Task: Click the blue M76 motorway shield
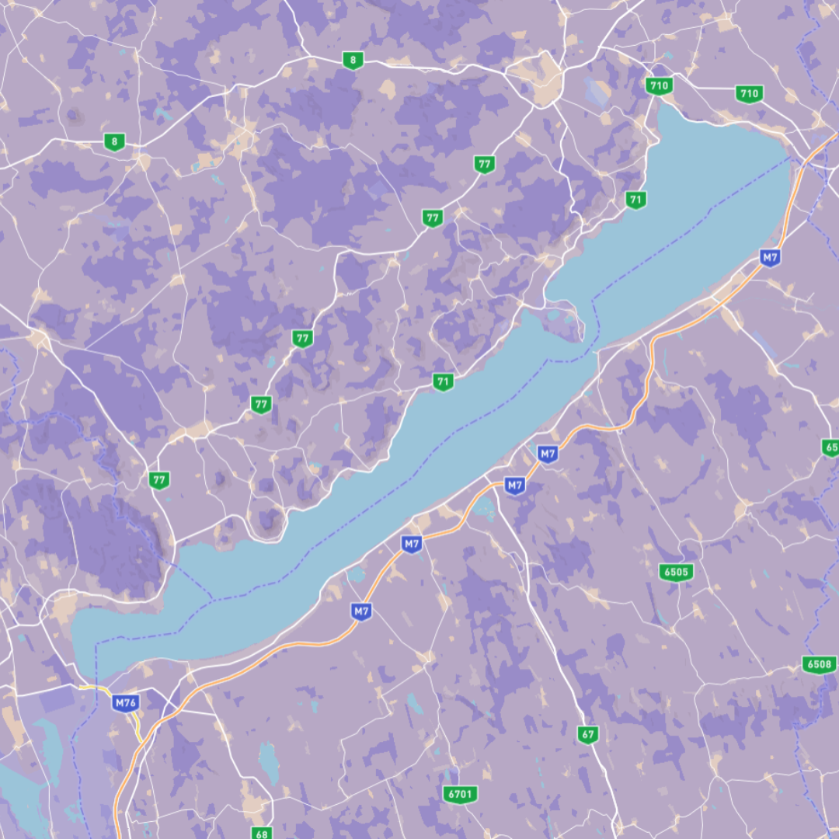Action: tap(125, 703)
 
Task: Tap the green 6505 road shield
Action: tap(677, 573)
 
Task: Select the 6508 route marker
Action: tap(819, 664)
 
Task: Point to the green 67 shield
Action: tap(588, 734)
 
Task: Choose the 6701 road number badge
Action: tap(461, 794)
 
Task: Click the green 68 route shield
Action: tap(262, 834)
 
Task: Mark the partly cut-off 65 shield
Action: tap(830, 447)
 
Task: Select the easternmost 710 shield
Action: tap(749, 94)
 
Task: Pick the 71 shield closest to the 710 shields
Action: tap(636, 200)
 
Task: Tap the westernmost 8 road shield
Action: tap(115, 141)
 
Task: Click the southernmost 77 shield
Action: tap(159, 479)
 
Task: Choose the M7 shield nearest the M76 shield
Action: tap(360, 611)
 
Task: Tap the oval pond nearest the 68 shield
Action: tap(269, 761)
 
